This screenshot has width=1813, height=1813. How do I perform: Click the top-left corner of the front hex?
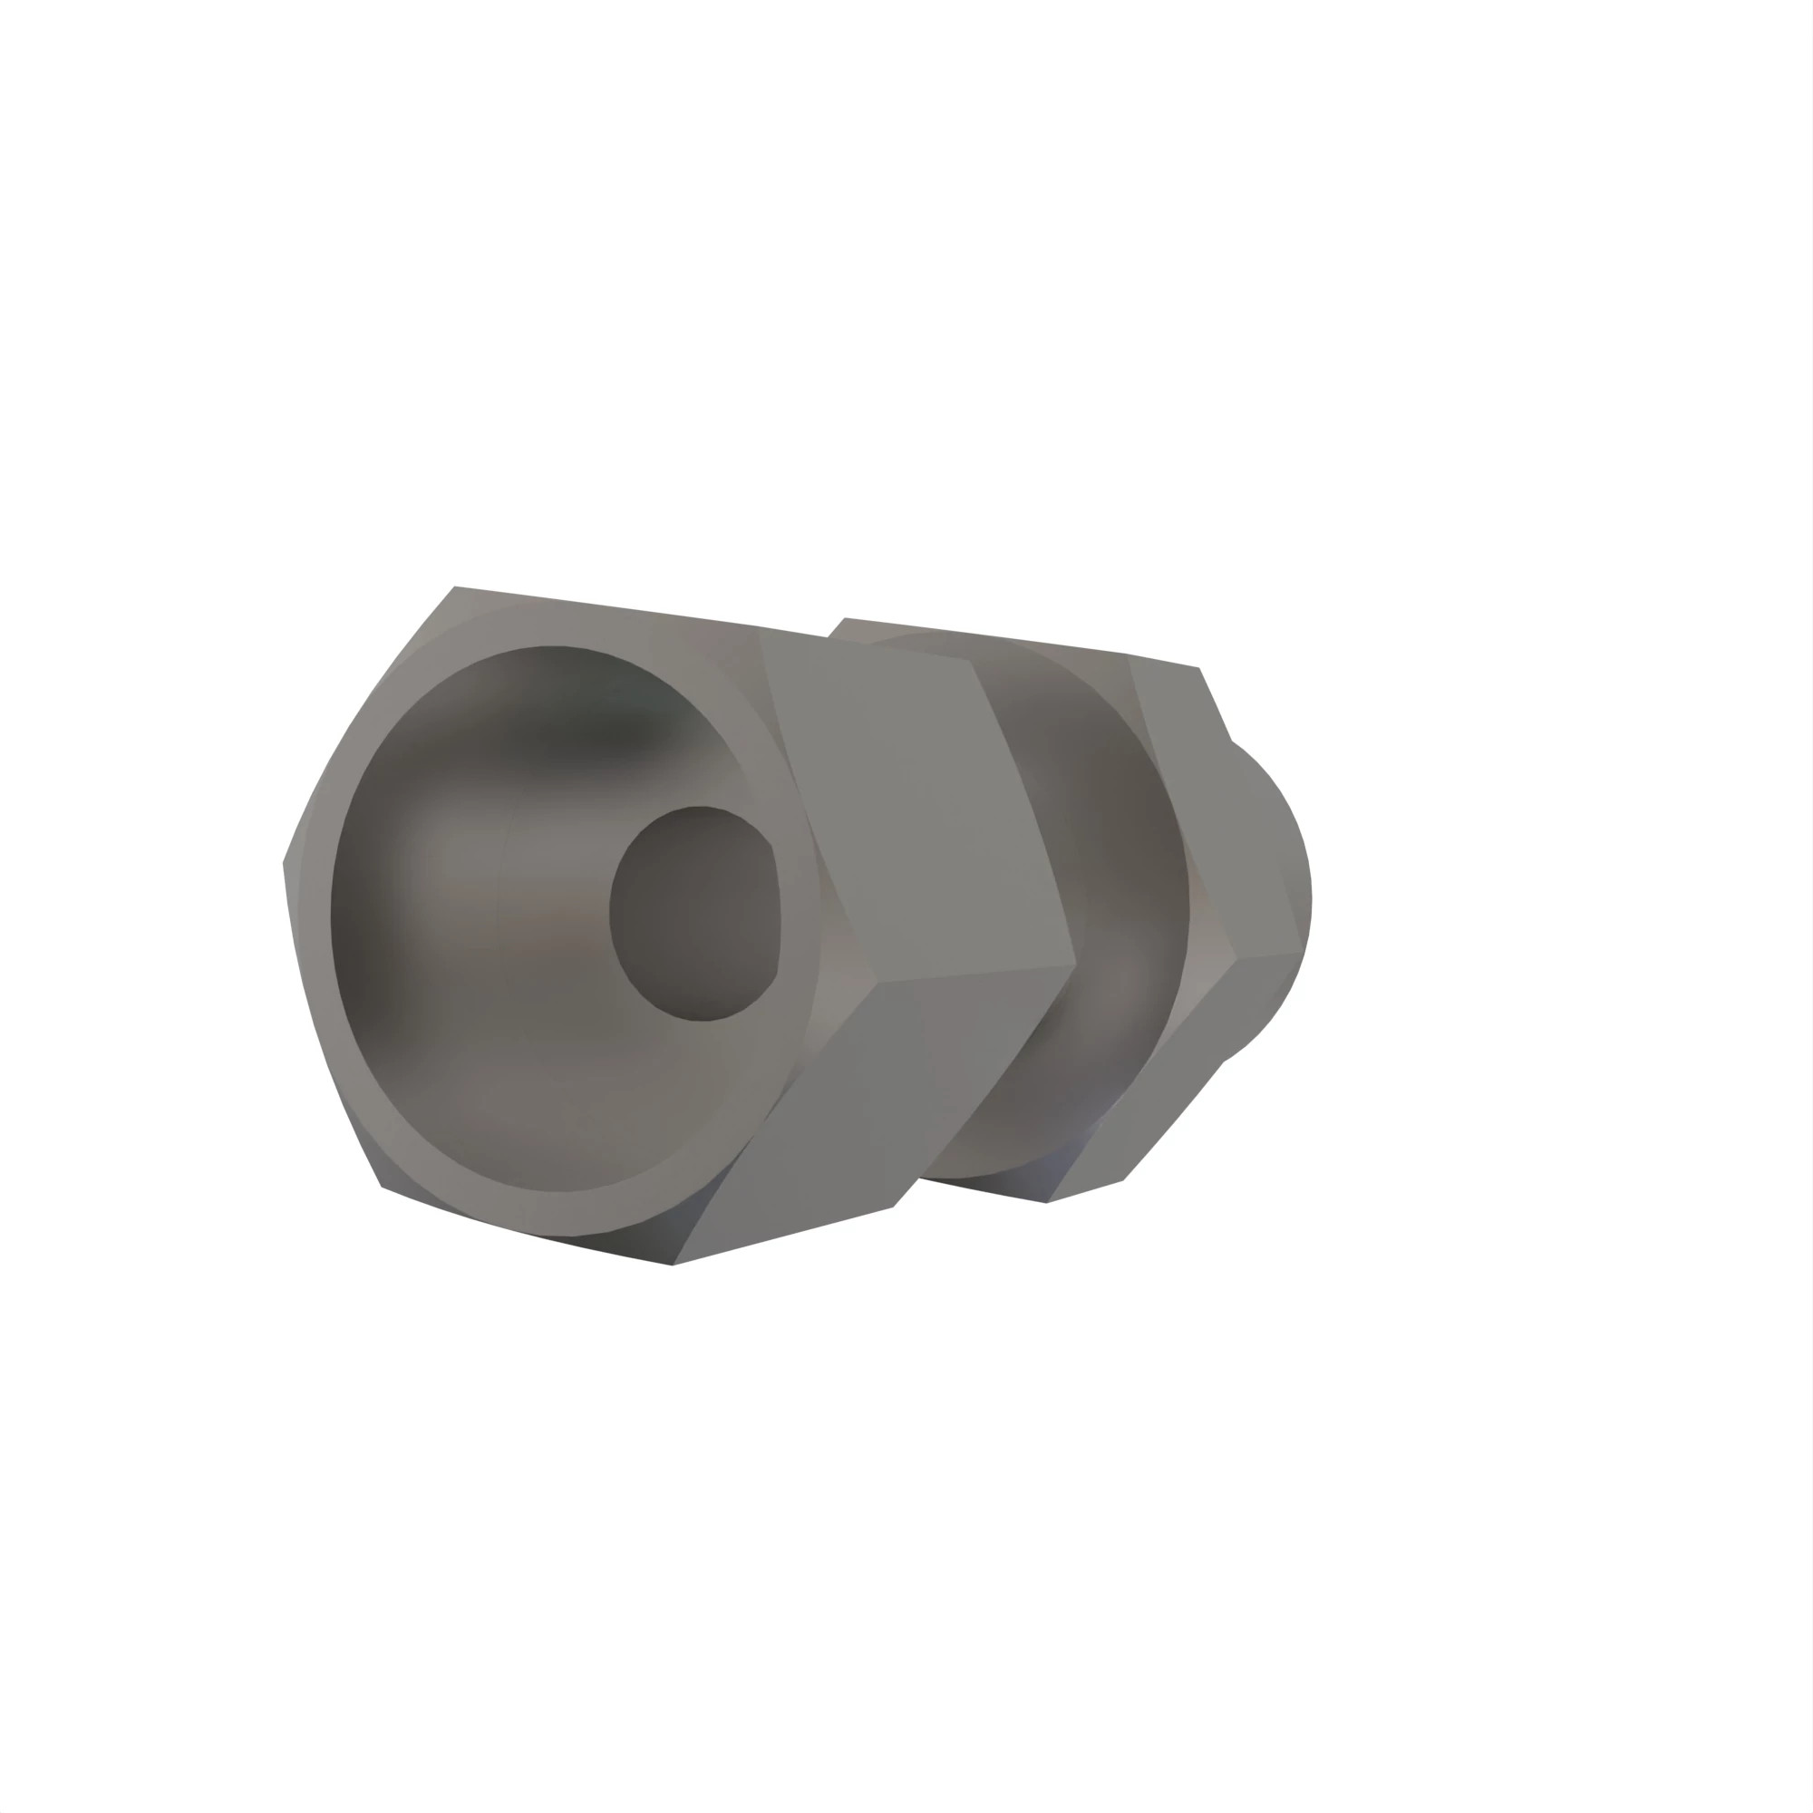(455, 587)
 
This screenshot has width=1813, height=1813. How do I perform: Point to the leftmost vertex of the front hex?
(285, 861)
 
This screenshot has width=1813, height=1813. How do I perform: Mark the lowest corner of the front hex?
(672, 1264)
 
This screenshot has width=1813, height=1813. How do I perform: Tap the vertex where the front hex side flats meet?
(1074, 964)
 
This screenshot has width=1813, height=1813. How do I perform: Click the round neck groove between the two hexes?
(1108, 901)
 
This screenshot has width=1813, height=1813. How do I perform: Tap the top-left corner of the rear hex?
(845, 618)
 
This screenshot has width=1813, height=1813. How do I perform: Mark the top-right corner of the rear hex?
(1198, 668)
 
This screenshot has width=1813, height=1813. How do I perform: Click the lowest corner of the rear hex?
(1047, 1202)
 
